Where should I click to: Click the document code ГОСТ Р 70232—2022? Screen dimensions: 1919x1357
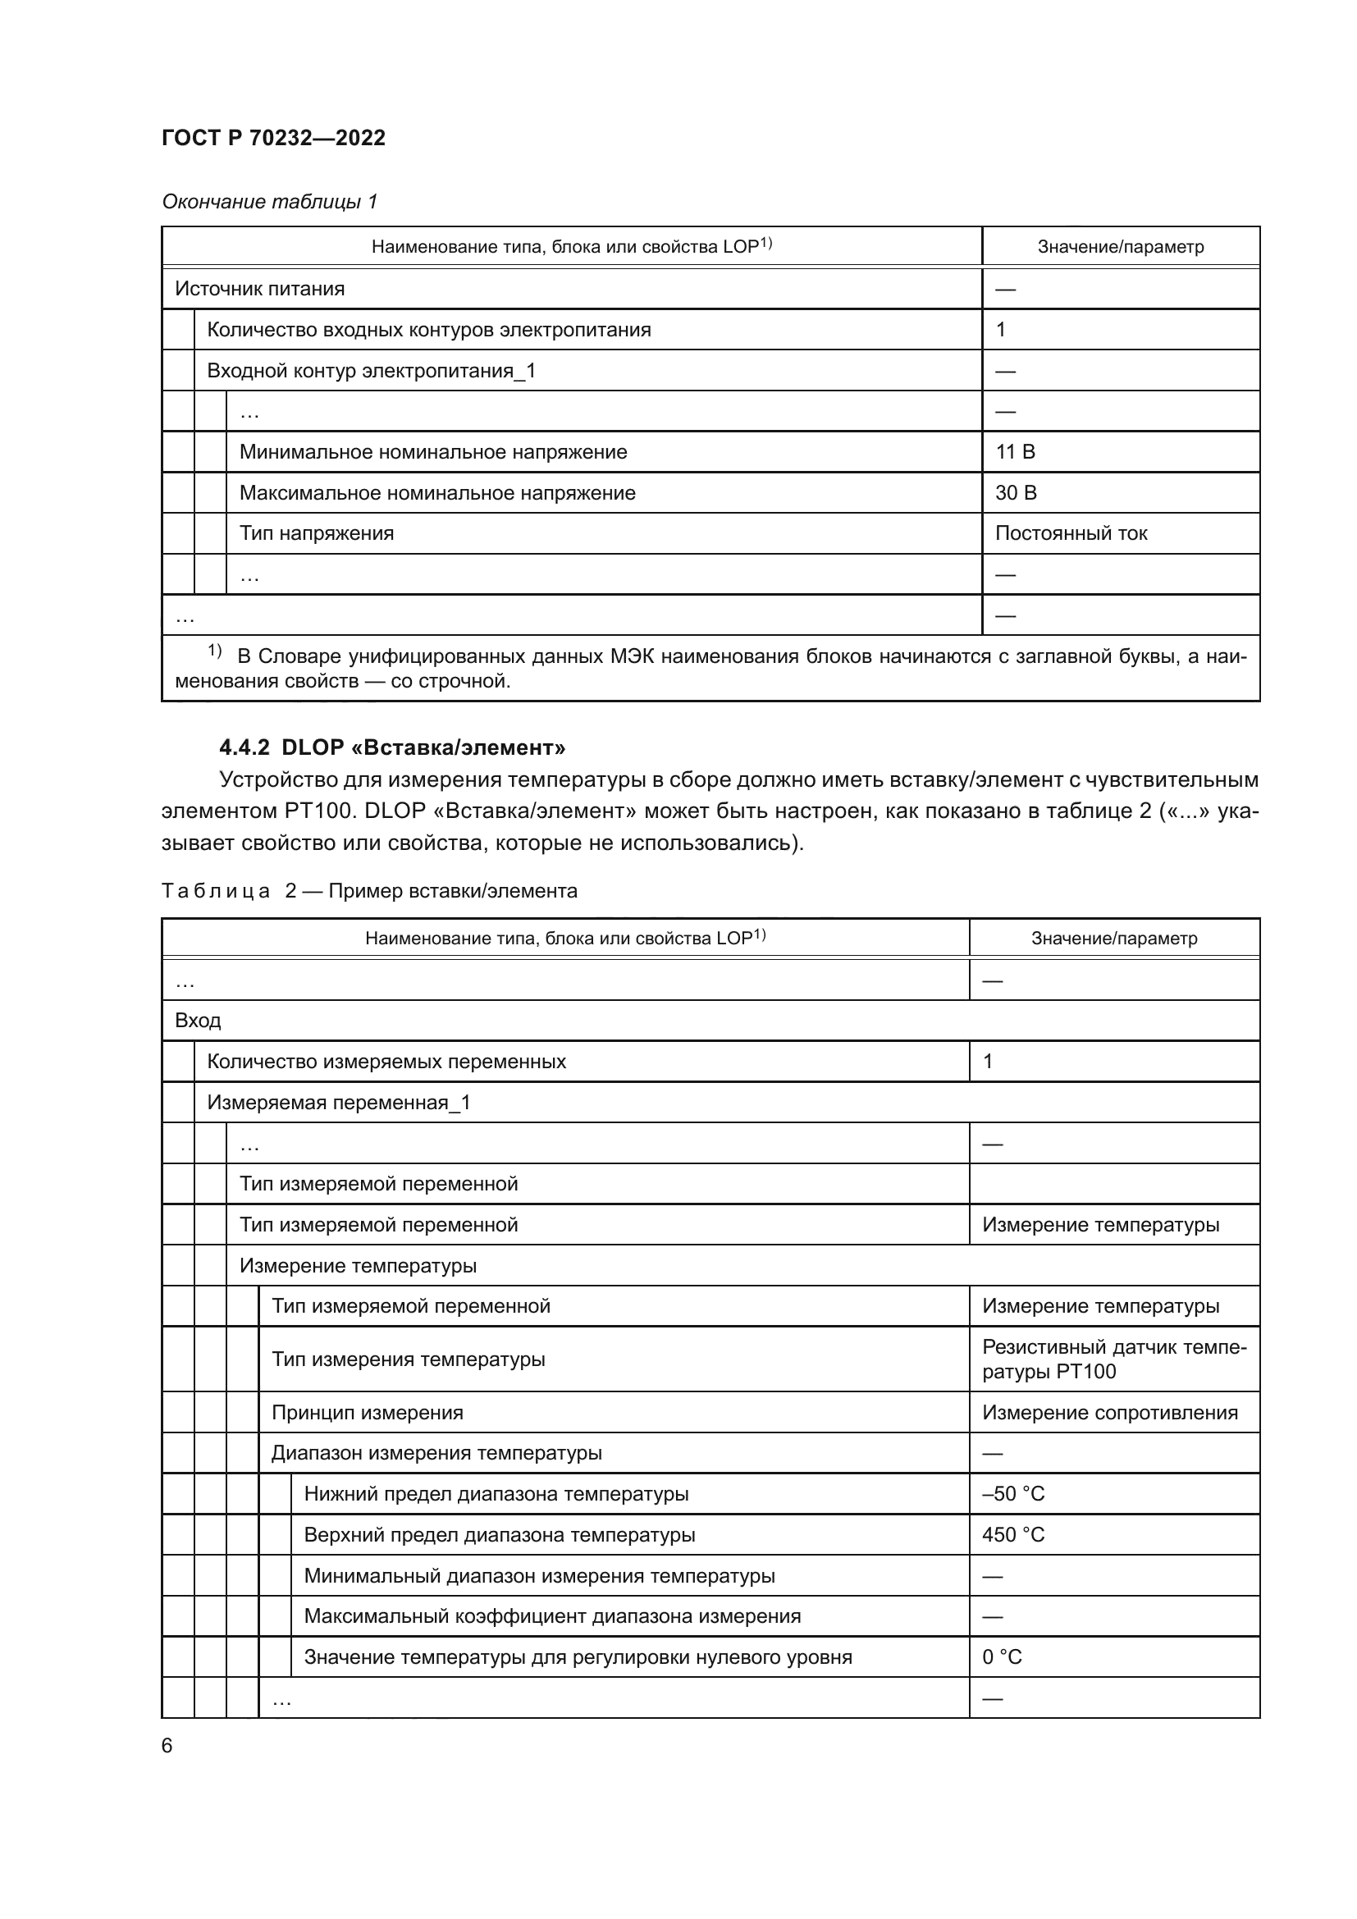pos(273,138)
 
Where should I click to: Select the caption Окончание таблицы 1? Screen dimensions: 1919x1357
pos(269,202)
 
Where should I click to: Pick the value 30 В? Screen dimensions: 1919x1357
pos(1015,493)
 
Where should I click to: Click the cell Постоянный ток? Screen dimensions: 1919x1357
pos(1071,533)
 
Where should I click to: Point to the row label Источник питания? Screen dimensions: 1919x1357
pos(259,289)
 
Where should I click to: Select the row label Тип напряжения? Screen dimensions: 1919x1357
pos(317,533)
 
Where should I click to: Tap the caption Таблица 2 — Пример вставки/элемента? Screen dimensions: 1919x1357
pos(368,891)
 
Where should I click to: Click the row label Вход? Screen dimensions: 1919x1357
pos(198,1021)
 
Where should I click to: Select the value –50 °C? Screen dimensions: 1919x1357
pos(1012,1493)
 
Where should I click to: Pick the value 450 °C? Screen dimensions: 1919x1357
pos(1012,1534)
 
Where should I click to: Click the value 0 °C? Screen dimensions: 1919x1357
pos(1002,1657)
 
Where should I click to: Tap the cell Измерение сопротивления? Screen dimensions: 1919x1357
pos(1110,1413)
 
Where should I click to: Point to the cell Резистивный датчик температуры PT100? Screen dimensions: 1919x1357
pos(1113,1359)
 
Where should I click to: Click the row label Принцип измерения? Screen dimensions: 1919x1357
pos(367,1413)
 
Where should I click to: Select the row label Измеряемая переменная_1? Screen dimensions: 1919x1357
pos(338,1103)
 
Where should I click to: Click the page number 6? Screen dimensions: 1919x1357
pos(167,1746)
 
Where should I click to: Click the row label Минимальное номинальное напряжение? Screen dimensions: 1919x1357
pos(433,452)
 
